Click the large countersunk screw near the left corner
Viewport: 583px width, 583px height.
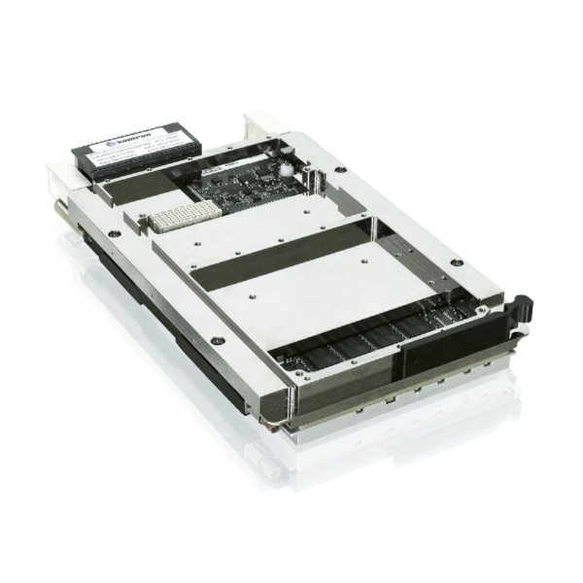[115, 233]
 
